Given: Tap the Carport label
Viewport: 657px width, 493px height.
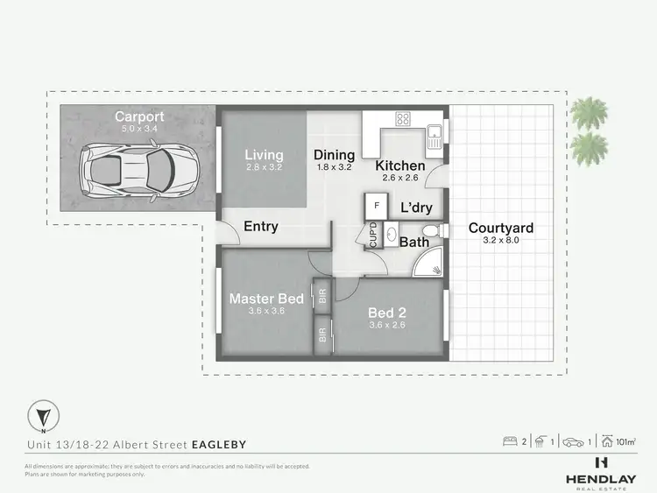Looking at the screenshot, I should click(138, 116).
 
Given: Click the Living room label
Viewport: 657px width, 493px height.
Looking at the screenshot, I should click(264, 155).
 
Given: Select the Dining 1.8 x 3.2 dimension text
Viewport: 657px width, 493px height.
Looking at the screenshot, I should click(334, 166).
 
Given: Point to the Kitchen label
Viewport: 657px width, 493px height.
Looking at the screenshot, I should click(400, 166).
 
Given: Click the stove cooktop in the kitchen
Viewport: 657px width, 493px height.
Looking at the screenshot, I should click(405, 120).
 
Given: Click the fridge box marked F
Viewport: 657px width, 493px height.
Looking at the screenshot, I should click(377, 205).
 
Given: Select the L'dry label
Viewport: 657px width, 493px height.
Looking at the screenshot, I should click(416, 208).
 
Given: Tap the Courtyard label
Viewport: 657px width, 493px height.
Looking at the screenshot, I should click(500, 229).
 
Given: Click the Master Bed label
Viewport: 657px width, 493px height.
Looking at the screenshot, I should click(266, 299).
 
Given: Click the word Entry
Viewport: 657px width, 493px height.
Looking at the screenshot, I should click(261, 227).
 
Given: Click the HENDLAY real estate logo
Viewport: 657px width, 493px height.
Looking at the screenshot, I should click(601, 469).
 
